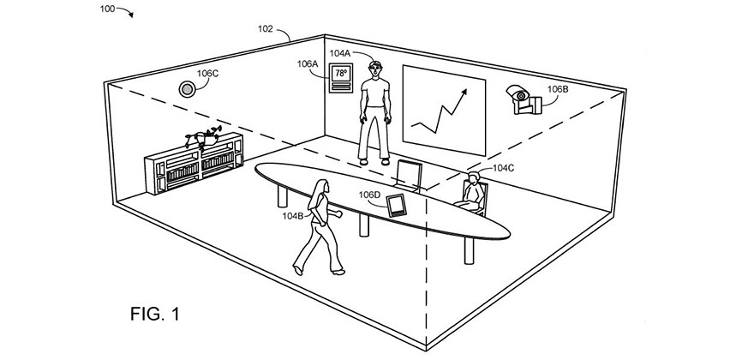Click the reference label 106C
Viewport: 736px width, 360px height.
pos(207,74)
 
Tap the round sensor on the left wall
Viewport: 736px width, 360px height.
pos(186,87)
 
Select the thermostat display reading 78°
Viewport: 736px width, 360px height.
pos(341,75)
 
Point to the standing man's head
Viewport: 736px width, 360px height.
pos(373,69)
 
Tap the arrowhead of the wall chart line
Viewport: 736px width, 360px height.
pos(464,89)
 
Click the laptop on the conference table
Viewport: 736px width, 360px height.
pos(409,174)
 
